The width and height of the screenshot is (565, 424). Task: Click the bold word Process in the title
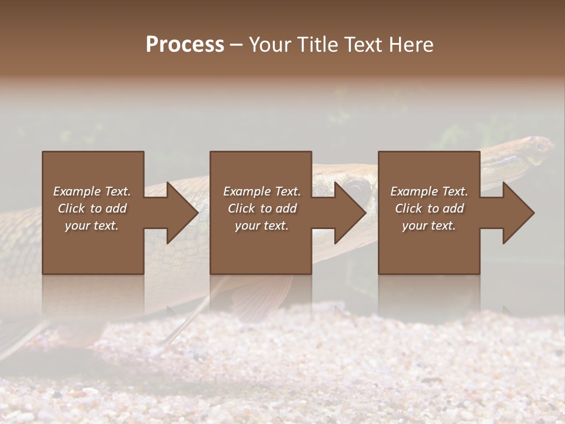click(185, 45)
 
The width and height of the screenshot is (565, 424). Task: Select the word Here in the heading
click(411, 45)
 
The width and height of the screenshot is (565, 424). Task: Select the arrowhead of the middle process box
click(350, 213)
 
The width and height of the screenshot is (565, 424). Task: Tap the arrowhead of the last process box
click(518, 213)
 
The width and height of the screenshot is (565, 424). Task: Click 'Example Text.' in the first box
click(92, 191)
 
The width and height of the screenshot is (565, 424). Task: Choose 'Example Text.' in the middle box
click(262, 191)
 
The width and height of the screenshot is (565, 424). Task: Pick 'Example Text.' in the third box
click(429, 191)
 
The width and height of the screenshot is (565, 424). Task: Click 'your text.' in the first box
click(92, 226)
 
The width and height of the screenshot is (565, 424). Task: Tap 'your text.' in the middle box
click(262, 226)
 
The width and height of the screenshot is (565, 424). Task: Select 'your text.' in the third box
click(429, 226)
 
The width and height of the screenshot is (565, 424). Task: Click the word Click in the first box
click(71, 208)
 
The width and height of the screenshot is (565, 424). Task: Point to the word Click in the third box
click(408, 208)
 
